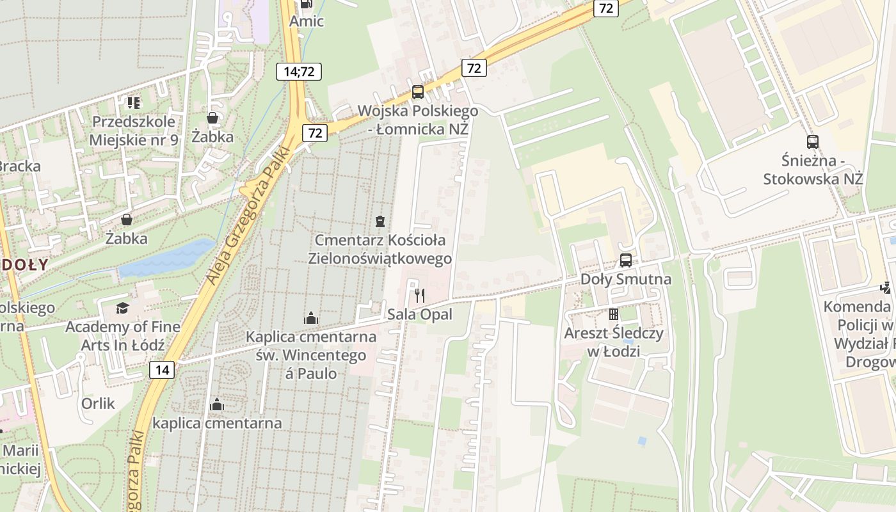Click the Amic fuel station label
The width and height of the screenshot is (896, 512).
[307, 21]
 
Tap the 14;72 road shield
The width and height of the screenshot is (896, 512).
[299, 71]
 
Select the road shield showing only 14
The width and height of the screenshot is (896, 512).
[163, 369]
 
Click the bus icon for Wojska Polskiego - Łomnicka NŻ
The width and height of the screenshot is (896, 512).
[418, 92]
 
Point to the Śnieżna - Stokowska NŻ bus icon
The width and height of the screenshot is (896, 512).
[813, 142]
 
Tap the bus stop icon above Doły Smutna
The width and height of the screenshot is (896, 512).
[626, 260]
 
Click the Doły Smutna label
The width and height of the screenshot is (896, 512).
[626, 279]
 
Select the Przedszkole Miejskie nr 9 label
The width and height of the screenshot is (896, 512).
[134, 131]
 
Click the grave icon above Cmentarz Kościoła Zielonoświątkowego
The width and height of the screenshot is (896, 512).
[380, 221]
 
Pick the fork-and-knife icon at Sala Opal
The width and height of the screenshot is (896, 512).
[420, 295]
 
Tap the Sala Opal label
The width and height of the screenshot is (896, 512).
[420, 314]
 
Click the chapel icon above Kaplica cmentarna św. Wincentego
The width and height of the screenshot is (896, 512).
[311, 318]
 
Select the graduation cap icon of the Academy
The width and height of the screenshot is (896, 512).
[122, 308]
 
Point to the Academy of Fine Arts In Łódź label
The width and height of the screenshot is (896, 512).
[122, 336]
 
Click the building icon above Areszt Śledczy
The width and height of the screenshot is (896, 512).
[614, 314]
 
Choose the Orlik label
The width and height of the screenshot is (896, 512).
[98, 403]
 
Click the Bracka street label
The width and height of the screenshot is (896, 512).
[19, 166]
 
